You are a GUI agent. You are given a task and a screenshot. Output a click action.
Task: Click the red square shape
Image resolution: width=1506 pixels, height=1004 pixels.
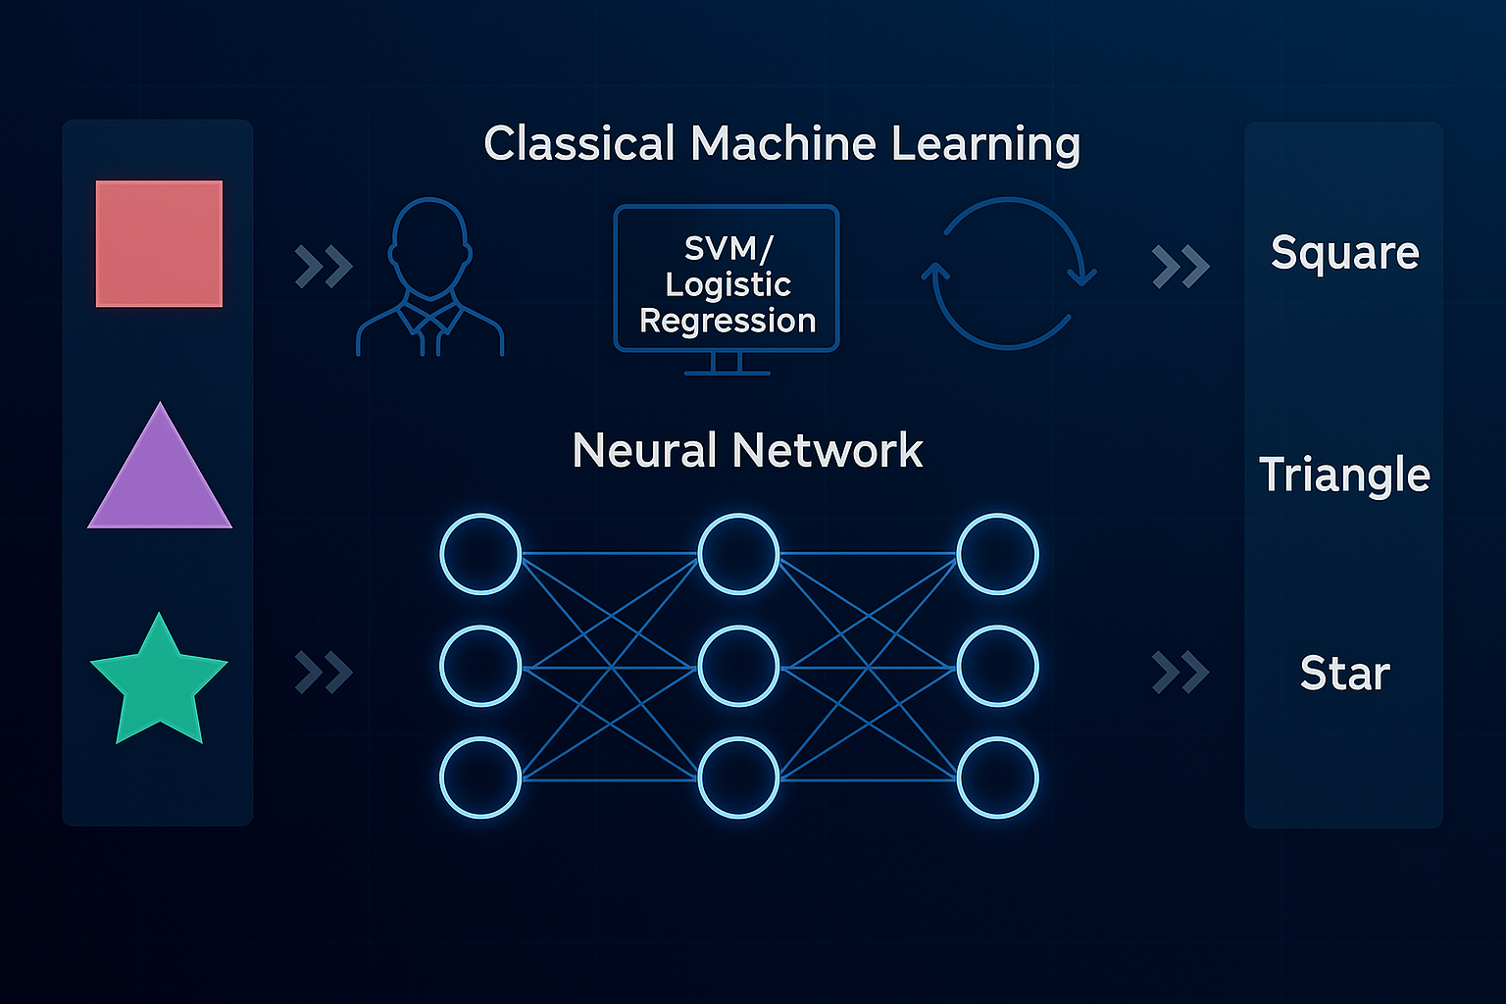159,243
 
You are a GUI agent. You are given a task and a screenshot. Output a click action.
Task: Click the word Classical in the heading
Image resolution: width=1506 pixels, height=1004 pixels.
579,143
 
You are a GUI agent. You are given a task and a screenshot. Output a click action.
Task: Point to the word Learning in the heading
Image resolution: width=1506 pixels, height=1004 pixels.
985,145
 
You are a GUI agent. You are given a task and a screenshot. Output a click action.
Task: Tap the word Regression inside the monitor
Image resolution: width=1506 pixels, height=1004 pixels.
728,321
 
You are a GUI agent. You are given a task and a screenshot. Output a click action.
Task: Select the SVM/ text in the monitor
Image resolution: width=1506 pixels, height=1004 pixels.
728,248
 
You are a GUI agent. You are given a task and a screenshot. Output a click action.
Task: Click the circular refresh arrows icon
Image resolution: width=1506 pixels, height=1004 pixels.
1008,273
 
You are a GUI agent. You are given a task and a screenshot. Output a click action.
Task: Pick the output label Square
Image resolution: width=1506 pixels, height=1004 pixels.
1344,253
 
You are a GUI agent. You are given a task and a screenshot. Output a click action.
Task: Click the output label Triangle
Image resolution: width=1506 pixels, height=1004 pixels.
1344,476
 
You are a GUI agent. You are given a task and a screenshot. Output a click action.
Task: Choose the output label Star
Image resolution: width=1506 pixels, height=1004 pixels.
1344,674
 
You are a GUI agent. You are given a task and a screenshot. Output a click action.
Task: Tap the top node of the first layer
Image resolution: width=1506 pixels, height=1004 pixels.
480,554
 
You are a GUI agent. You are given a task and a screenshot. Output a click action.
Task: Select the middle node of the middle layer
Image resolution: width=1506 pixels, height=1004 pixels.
738,667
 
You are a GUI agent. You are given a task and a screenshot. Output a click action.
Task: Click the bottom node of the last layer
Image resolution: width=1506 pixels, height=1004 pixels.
997,778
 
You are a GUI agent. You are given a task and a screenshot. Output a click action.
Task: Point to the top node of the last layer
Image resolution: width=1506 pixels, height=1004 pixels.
997,554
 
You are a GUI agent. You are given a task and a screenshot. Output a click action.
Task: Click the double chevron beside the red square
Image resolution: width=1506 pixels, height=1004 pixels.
324,267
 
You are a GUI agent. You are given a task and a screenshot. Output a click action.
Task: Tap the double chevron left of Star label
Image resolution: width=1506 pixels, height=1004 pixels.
1180,673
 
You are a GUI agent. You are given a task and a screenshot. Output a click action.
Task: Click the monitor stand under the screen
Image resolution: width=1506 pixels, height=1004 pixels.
727,364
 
